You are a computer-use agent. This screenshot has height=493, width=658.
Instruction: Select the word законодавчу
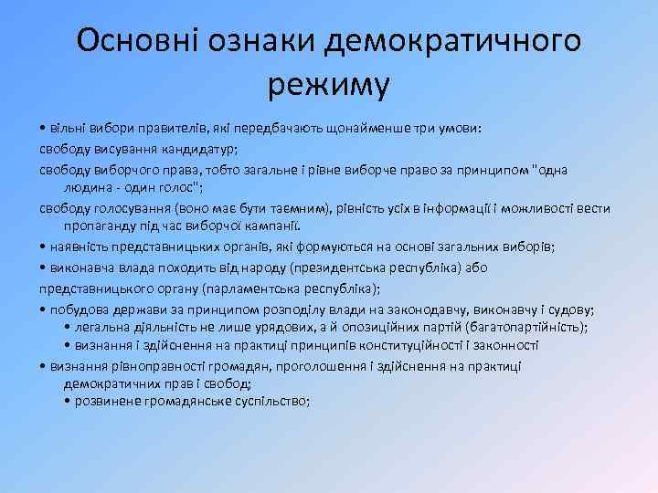click(407, 310)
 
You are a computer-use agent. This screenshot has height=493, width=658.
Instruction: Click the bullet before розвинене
click(69, 402)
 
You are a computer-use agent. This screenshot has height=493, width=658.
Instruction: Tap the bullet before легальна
click(69, 328)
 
